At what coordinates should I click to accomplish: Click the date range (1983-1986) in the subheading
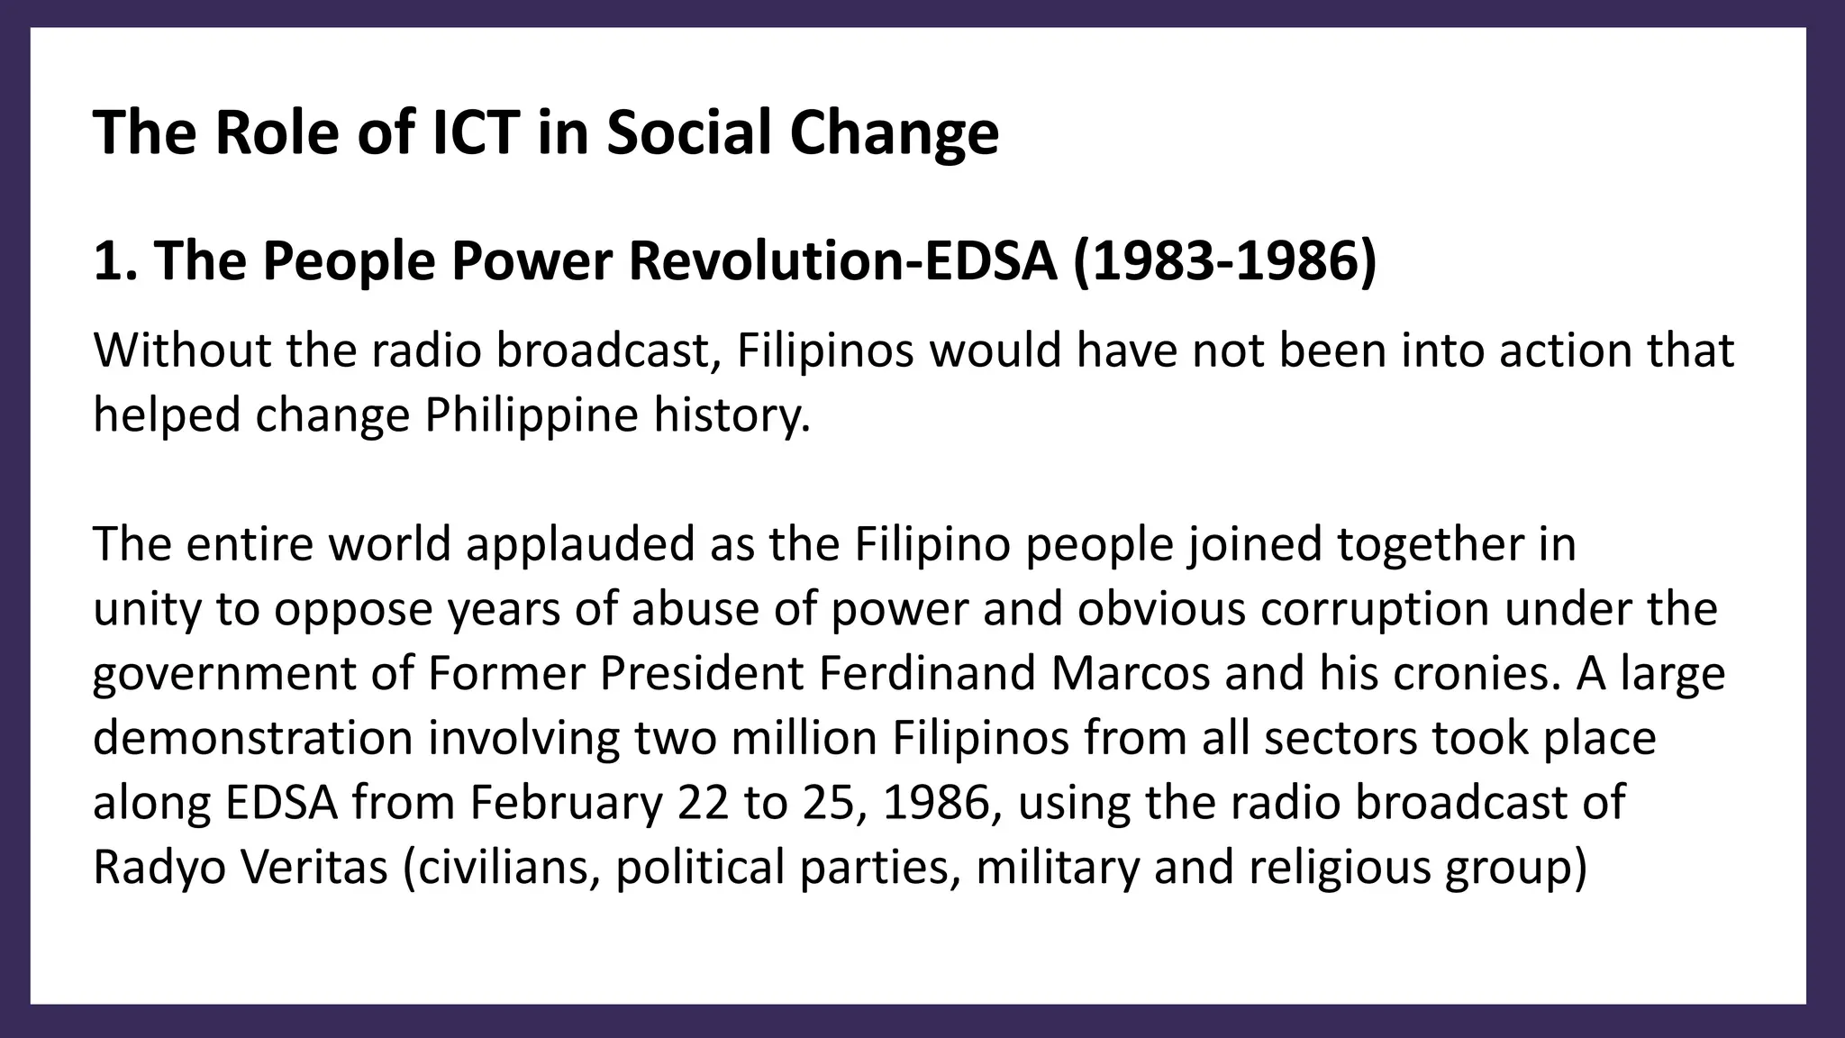click(1225, 261)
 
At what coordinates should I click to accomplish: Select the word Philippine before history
click(531, 415)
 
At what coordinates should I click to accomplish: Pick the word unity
click(148, 610)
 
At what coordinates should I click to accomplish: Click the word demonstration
click(253, 738)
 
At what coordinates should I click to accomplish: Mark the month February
click(565, 804)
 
